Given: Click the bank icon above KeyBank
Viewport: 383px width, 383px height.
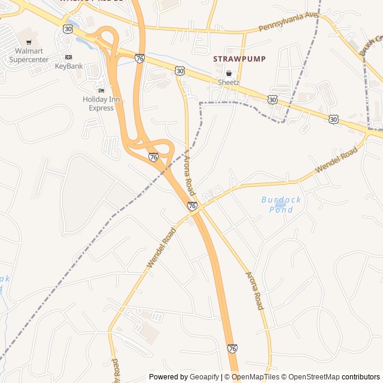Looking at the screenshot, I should (x=69, y=57).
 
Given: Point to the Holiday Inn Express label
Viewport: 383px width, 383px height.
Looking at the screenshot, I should (x=98, y=104).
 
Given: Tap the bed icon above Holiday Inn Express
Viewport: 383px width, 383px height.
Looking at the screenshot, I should (x=100, y=90).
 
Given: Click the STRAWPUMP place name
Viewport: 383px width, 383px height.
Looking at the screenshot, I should (x=239, y=59).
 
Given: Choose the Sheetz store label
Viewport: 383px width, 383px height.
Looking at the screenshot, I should (x=229, y=82).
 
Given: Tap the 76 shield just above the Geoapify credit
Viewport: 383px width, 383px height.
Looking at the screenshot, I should (x=232, y=348).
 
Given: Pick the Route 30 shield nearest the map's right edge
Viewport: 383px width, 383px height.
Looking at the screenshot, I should (x=333, y=120).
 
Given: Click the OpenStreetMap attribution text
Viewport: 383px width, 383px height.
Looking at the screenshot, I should (x=311, y=377).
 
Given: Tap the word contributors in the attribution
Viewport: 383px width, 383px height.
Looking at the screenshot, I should (x=361, y=377).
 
